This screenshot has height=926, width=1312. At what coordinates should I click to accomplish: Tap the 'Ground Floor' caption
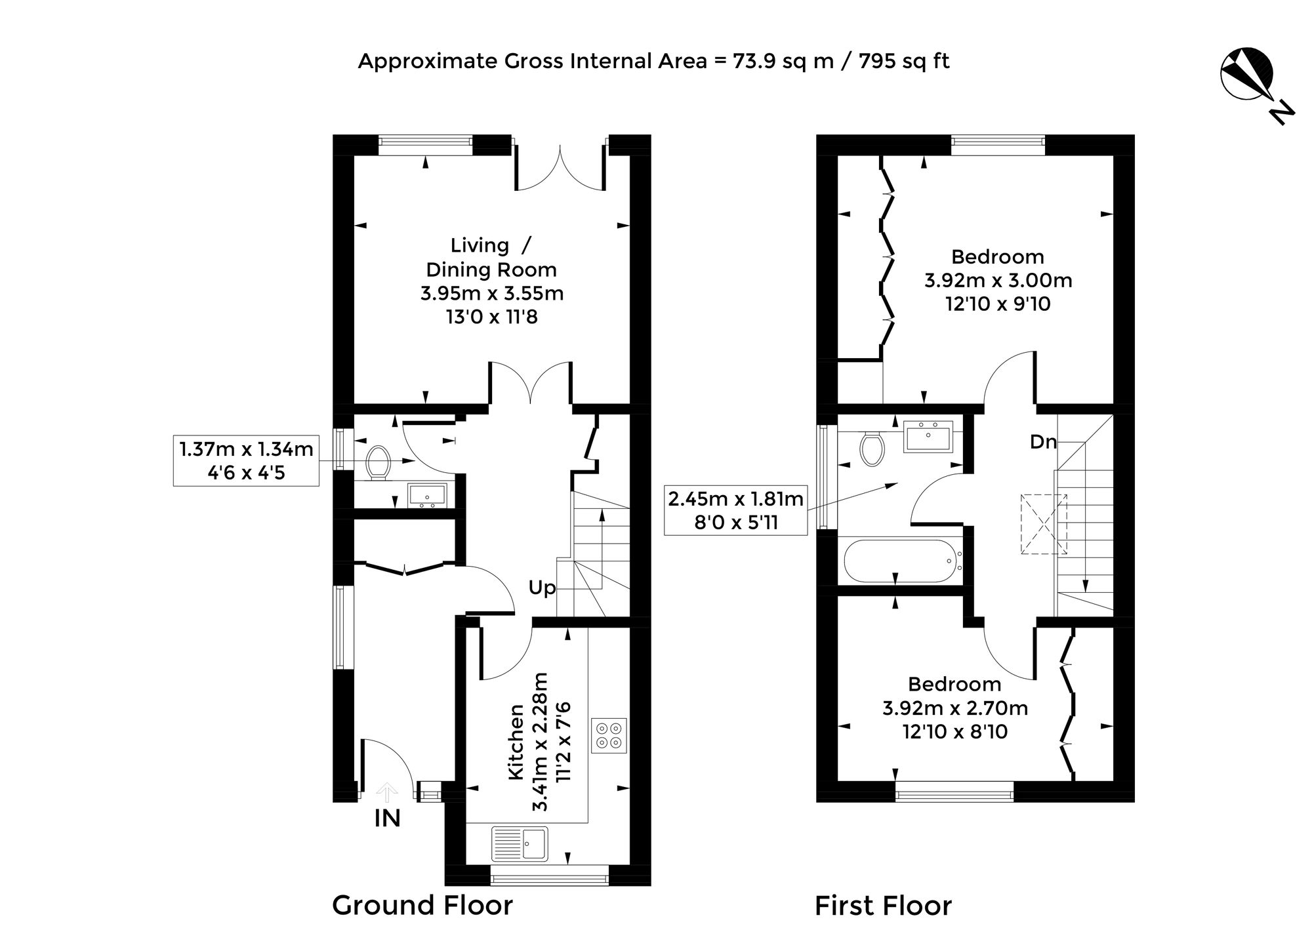422,905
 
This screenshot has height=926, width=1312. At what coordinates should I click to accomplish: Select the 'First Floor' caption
883,906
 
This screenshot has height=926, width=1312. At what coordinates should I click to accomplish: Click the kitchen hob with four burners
609,735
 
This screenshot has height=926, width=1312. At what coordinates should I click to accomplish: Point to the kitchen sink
520,843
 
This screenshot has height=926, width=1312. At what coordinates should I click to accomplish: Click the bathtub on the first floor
903,561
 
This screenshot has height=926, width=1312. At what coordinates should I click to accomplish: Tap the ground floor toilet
379,462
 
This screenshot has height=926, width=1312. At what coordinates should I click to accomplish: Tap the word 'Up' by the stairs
543,588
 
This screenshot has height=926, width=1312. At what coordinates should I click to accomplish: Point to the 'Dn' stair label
1043,442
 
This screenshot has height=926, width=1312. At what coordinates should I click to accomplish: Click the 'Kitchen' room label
517,743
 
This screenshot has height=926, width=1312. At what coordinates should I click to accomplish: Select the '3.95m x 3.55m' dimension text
492,293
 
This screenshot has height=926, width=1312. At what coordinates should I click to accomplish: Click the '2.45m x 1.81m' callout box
735,510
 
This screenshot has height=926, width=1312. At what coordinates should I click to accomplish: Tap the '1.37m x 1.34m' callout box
246,461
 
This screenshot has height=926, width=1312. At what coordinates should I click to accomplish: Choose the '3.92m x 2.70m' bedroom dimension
955,708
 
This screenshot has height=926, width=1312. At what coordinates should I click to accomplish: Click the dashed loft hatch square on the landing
1044,524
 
